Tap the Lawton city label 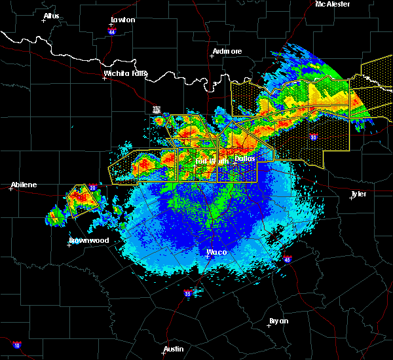122,20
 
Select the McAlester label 333,4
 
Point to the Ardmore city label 227,51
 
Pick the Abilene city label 24,185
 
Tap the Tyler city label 359,194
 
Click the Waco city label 216,252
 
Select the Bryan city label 279,321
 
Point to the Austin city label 174,349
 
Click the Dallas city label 245,158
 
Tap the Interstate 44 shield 111,30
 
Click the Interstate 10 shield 16,345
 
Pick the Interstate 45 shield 287,259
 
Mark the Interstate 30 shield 314,137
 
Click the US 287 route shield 157,109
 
